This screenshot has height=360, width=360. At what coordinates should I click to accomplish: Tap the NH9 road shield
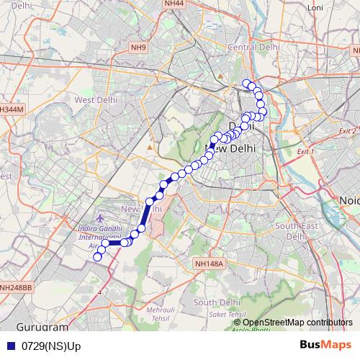point(138,48)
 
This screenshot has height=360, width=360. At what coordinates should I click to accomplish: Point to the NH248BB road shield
point(17,287)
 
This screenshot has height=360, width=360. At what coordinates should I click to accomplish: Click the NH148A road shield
point(210,264)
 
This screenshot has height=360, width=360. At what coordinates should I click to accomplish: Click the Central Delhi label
point(248,48)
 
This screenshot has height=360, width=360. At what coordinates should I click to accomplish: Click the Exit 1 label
point(307,153)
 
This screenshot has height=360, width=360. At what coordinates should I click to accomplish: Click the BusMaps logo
point(325,346)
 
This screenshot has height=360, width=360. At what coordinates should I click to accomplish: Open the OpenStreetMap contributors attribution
point(302,322)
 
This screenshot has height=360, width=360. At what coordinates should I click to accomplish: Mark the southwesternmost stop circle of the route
point(98,257)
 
